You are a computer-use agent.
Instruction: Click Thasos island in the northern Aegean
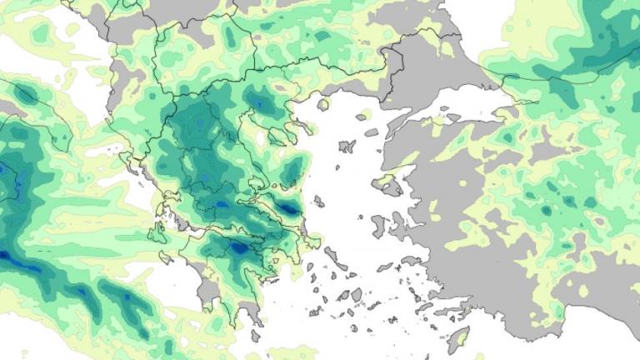[x=322, y=104]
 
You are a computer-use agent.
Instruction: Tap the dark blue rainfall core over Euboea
[x=289, y=208]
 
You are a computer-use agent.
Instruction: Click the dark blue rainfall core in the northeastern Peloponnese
[x=238, y=247]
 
